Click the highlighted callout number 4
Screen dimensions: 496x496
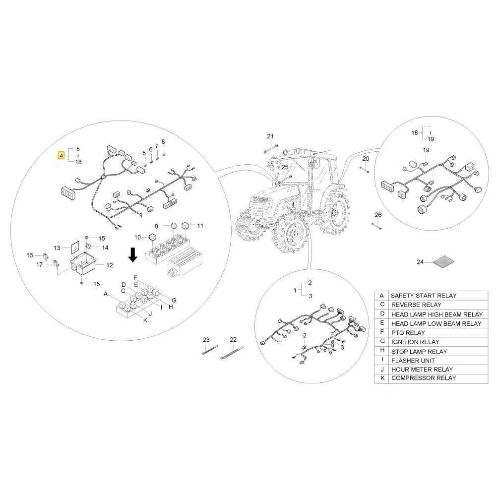pos(62,155)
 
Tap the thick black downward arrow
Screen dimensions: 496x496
pos(133,254)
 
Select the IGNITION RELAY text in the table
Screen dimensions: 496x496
pos(415,342)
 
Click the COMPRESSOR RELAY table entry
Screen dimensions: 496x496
pos(424,378)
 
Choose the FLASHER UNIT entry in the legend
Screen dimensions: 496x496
pos(413,361)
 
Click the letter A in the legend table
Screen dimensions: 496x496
pos(382,296)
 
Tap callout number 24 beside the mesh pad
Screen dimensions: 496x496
pos(420,262)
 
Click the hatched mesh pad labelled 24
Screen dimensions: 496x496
pos(443,261)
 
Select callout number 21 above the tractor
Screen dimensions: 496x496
pos(270,136)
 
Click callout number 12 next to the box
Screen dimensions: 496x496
pos(110,265)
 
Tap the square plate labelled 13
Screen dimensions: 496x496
pos(75,248)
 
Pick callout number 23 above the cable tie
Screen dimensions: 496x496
pos(206,340)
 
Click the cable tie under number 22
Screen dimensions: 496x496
pos(231,353)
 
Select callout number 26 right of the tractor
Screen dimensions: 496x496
pos(378,215)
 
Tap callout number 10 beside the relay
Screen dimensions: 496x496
pos(137,237)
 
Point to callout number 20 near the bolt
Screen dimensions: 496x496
pos(366,159)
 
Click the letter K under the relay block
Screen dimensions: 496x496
pos(145,320)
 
